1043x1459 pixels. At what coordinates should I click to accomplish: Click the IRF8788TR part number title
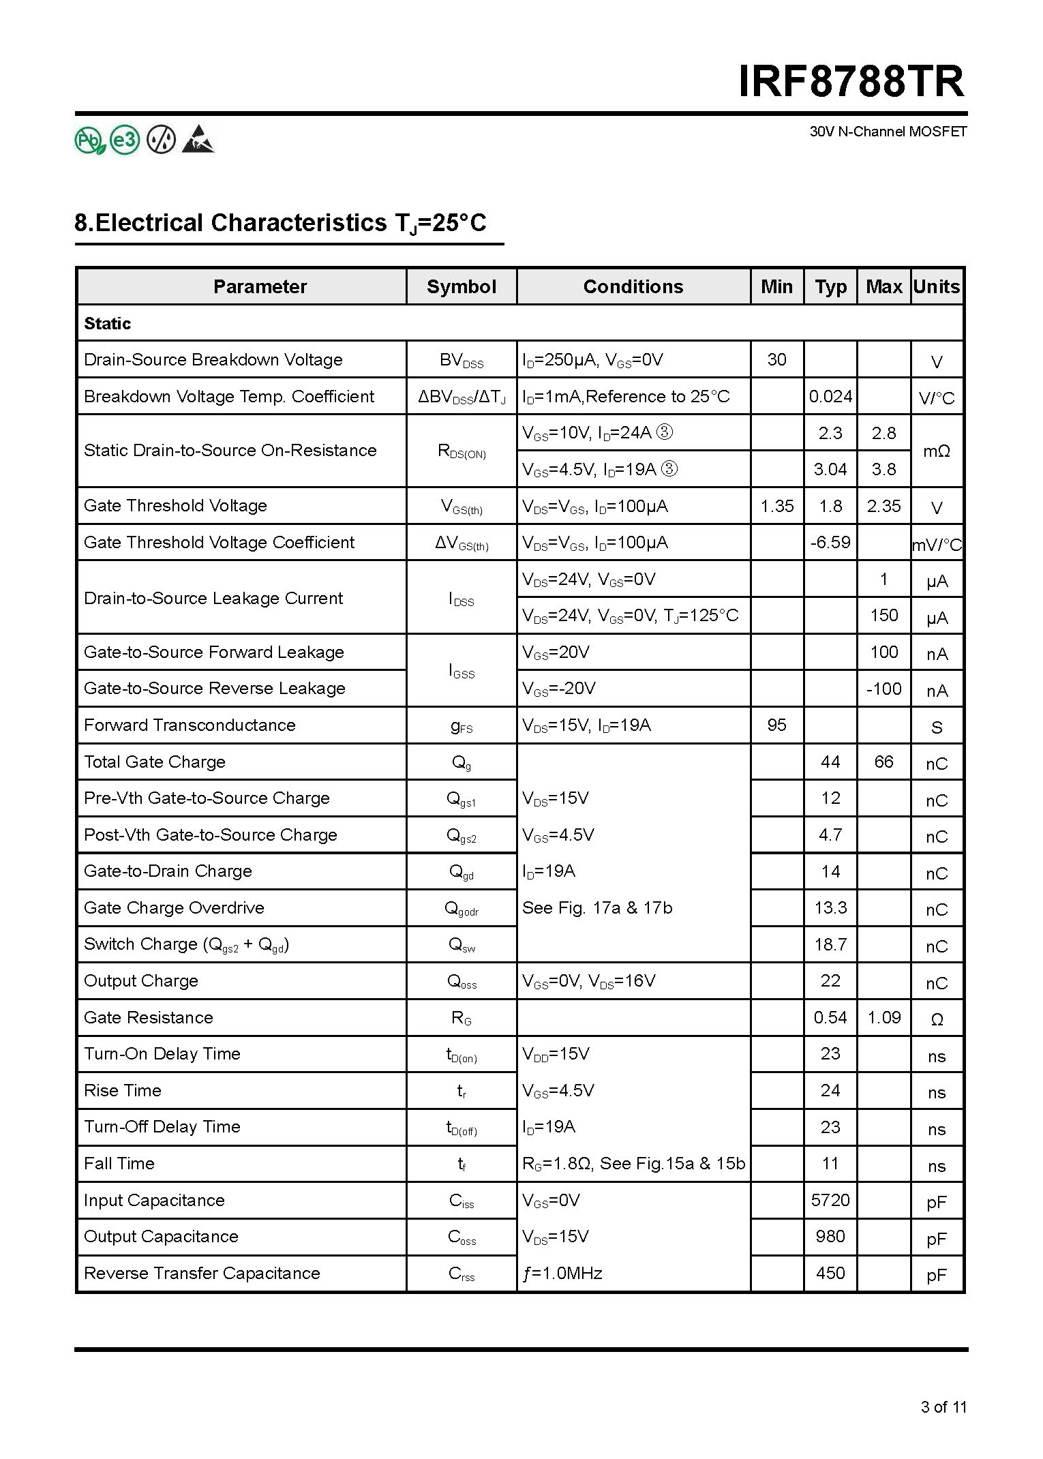(851, 82)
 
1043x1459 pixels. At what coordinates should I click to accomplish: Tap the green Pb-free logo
(90, 140)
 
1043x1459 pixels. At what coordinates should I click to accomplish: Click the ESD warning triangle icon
(198, 140)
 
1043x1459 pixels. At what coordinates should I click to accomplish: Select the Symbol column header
(462, 286)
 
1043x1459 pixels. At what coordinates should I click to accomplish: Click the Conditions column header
(633, 286)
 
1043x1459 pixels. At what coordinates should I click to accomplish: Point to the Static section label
(107, 323)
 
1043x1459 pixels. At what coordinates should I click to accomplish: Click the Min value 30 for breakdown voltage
(776, 359)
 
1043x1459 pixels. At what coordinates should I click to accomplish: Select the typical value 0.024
(830, 396)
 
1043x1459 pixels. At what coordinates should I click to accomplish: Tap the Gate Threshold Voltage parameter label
(175, 505)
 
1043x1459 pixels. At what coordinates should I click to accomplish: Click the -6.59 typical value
(830, 542)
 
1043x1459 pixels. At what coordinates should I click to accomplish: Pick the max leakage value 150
(883, 615)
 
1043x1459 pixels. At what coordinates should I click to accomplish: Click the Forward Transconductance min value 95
(776, 725)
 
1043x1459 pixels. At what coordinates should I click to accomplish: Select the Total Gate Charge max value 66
(883, 762)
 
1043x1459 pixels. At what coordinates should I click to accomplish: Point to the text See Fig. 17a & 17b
(597, 907)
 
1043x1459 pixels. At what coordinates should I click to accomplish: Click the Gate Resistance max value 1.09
(883, 1017)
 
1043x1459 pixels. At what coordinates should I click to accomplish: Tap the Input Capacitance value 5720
(830, 1200)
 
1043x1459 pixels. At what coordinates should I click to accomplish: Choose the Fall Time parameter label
(119, 1163)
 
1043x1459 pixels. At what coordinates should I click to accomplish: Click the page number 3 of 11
(943, 1407)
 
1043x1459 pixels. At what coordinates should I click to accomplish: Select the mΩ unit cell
(937, 451)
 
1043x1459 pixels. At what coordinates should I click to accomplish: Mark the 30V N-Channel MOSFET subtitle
(888, 132)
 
